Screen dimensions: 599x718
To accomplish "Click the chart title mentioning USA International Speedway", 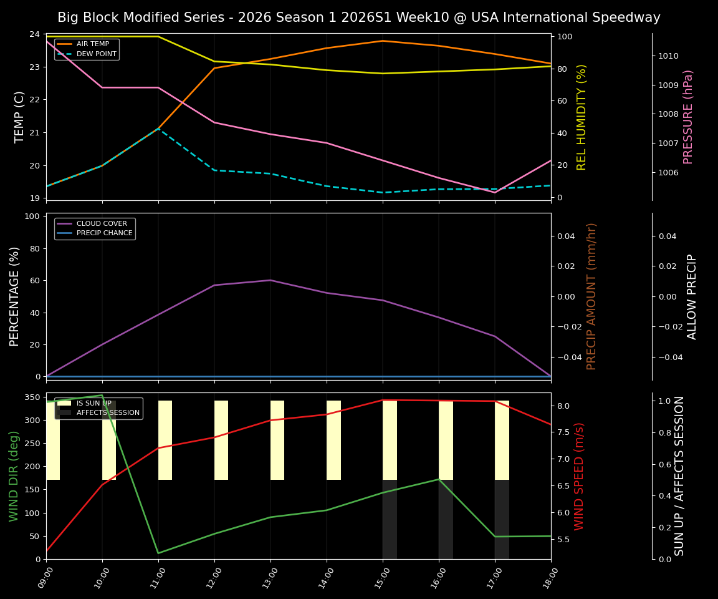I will [359, 17].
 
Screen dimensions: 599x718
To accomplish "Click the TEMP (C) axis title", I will [20, 117].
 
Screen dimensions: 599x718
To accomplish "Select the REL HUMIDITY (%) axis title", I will [582, 117].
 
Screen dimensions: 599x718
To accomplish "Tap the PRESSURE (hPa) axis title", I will [688, 117].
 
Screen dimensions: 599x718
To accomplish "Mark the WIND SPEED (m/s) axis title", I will [580, 476].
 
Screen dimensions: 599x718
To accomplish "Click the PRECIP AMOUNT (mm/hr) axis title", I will [591, 296].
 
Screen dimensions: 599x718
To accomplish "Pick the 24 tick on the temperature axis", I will [35, 34].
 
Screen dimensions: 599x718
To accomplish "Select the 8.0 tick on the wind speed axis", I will [564, 406].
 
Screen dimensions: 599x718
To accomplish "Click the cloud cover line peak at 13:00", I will [270, 280].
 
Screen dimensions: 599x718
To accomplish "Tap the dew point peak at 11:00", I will [158, 129].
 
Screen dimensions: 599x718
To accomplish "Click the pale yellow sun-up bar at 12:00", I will [221, 440].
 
